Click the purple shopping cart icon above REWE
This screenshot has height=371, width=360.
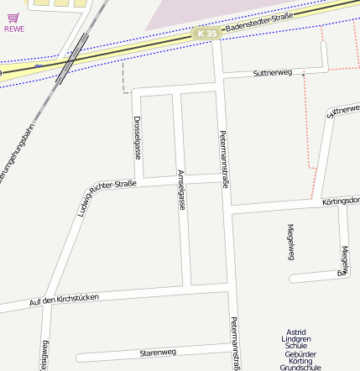click(13, 17)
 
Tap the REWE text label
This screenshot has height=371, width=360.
click(14, 29)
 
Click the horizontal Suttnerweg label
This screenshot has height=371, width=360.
click(272, 74)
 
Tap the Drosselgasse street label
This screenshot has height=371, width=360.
click(137, 138)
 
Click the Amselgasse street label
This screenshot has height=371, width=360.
click(181, 190)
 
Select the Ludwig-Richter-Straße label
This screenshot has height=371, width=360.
click(107, 197)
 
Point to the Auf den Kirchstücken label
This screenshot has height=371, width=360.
click(64, 300)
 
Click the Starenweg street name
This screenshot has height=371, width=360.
click(158, 352)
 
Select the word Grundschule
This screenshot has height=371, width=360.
click(301, 368)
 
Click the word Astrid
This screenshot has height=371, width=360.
click(296, 331)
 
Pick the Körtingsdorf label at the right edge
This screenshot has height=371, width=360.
click(341, 201)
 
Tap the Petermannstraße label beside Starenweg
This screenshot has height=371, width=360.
click(236, 343)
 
